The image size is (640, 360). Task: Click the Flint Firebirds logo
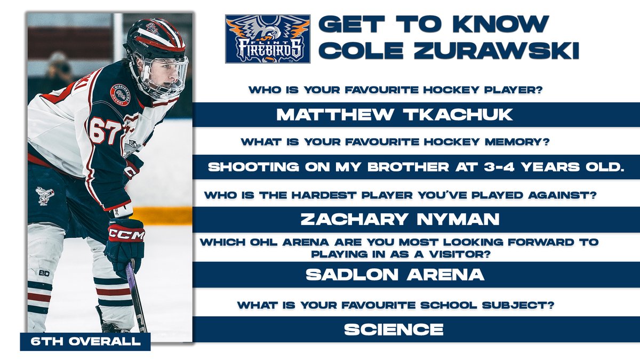267,39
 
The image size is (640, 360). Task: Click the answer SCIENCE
394,329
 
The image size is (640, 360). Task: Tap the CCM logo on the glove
126,235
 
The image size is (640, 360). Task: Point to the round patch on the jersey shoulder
119,93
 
